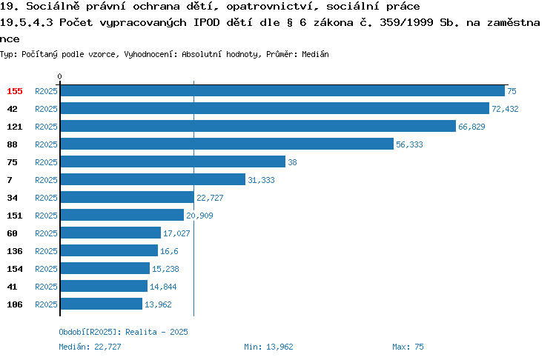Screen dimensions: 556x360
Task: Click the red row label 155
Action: (x=15, y=91)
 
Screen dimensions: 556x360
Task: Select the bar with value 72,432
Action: (x=275, y=108)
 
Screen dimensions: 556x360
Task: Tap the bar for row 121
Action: (x=258, y=126)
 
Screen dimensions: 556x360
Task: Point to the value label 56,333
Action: (x=409, y=144)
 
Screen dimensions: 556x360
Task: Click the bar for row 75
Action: (x=173, y=161)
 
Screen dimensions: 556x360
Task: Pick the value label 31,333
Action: (x=261, y=180)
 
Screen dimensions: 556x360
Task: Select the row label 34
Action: (x=12, y=198)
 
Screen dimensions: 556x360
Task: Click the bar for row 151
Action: (x=122, y=215)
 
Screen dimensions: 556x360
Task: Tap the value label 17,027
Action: (x=176, y=233)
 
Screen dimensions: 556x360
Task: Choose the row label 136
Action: (x=15, y=251)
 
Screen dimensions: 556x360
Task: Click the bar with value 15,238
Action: (x=105, y=268)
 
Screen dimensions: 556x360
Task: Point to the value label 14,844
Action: (x=163, y=287)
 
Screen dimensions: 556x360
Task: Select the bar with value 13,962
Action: (x=102, y=304)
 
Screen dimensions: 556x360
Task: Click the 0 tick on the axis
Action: (x=59, y=76)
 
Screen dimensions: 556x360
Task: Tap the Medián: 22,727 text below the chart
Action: (x=90, y=347)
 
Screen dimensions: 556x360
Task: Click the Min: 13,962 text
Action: (x=268, y=347)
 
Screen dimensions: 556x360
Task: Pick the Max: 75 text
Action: (x=408, y=347)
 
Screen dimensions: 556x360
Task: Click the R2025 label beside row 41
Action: (x=46, y=287)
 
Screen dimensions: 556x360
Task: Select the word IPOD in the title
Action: (x=206, y=22)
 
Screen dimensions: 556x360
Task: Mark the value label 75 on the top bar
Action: (x=512, y=91)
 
